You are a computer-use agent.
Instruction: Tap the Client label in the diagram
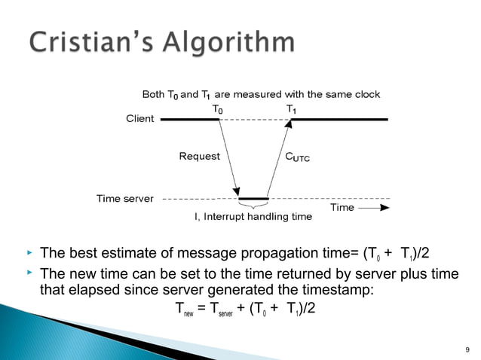(139, 119)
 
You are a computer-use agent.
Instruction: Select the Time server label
(125, 199)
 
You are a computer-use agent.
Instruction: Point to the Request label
(199, 157)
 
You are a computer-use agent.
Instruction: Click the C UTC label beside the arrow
(296, 157)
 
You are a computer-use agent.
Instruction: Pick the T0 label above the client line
(217, 109)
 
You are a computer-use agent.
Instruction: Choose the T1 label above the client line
(291, 109)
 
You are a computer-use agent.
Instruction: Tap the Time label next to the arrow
(342, 207)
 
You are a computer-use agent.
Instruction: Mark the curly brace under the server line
(253, 204)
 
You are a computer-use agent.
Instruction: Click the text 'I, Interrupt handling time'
(253, 217)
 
